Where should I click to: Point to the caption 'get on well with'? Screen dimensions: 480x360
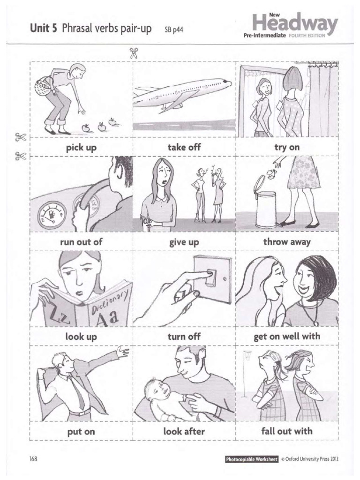[x=287, y=336]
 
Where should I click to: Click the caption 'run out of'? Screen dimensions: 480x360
[x=81, y=242]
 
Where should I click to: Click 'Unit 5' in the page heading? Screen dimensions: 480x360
[x=45, y=29]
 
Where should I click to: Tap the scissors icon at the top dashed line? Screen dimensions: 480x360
[x=133, y=52]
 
